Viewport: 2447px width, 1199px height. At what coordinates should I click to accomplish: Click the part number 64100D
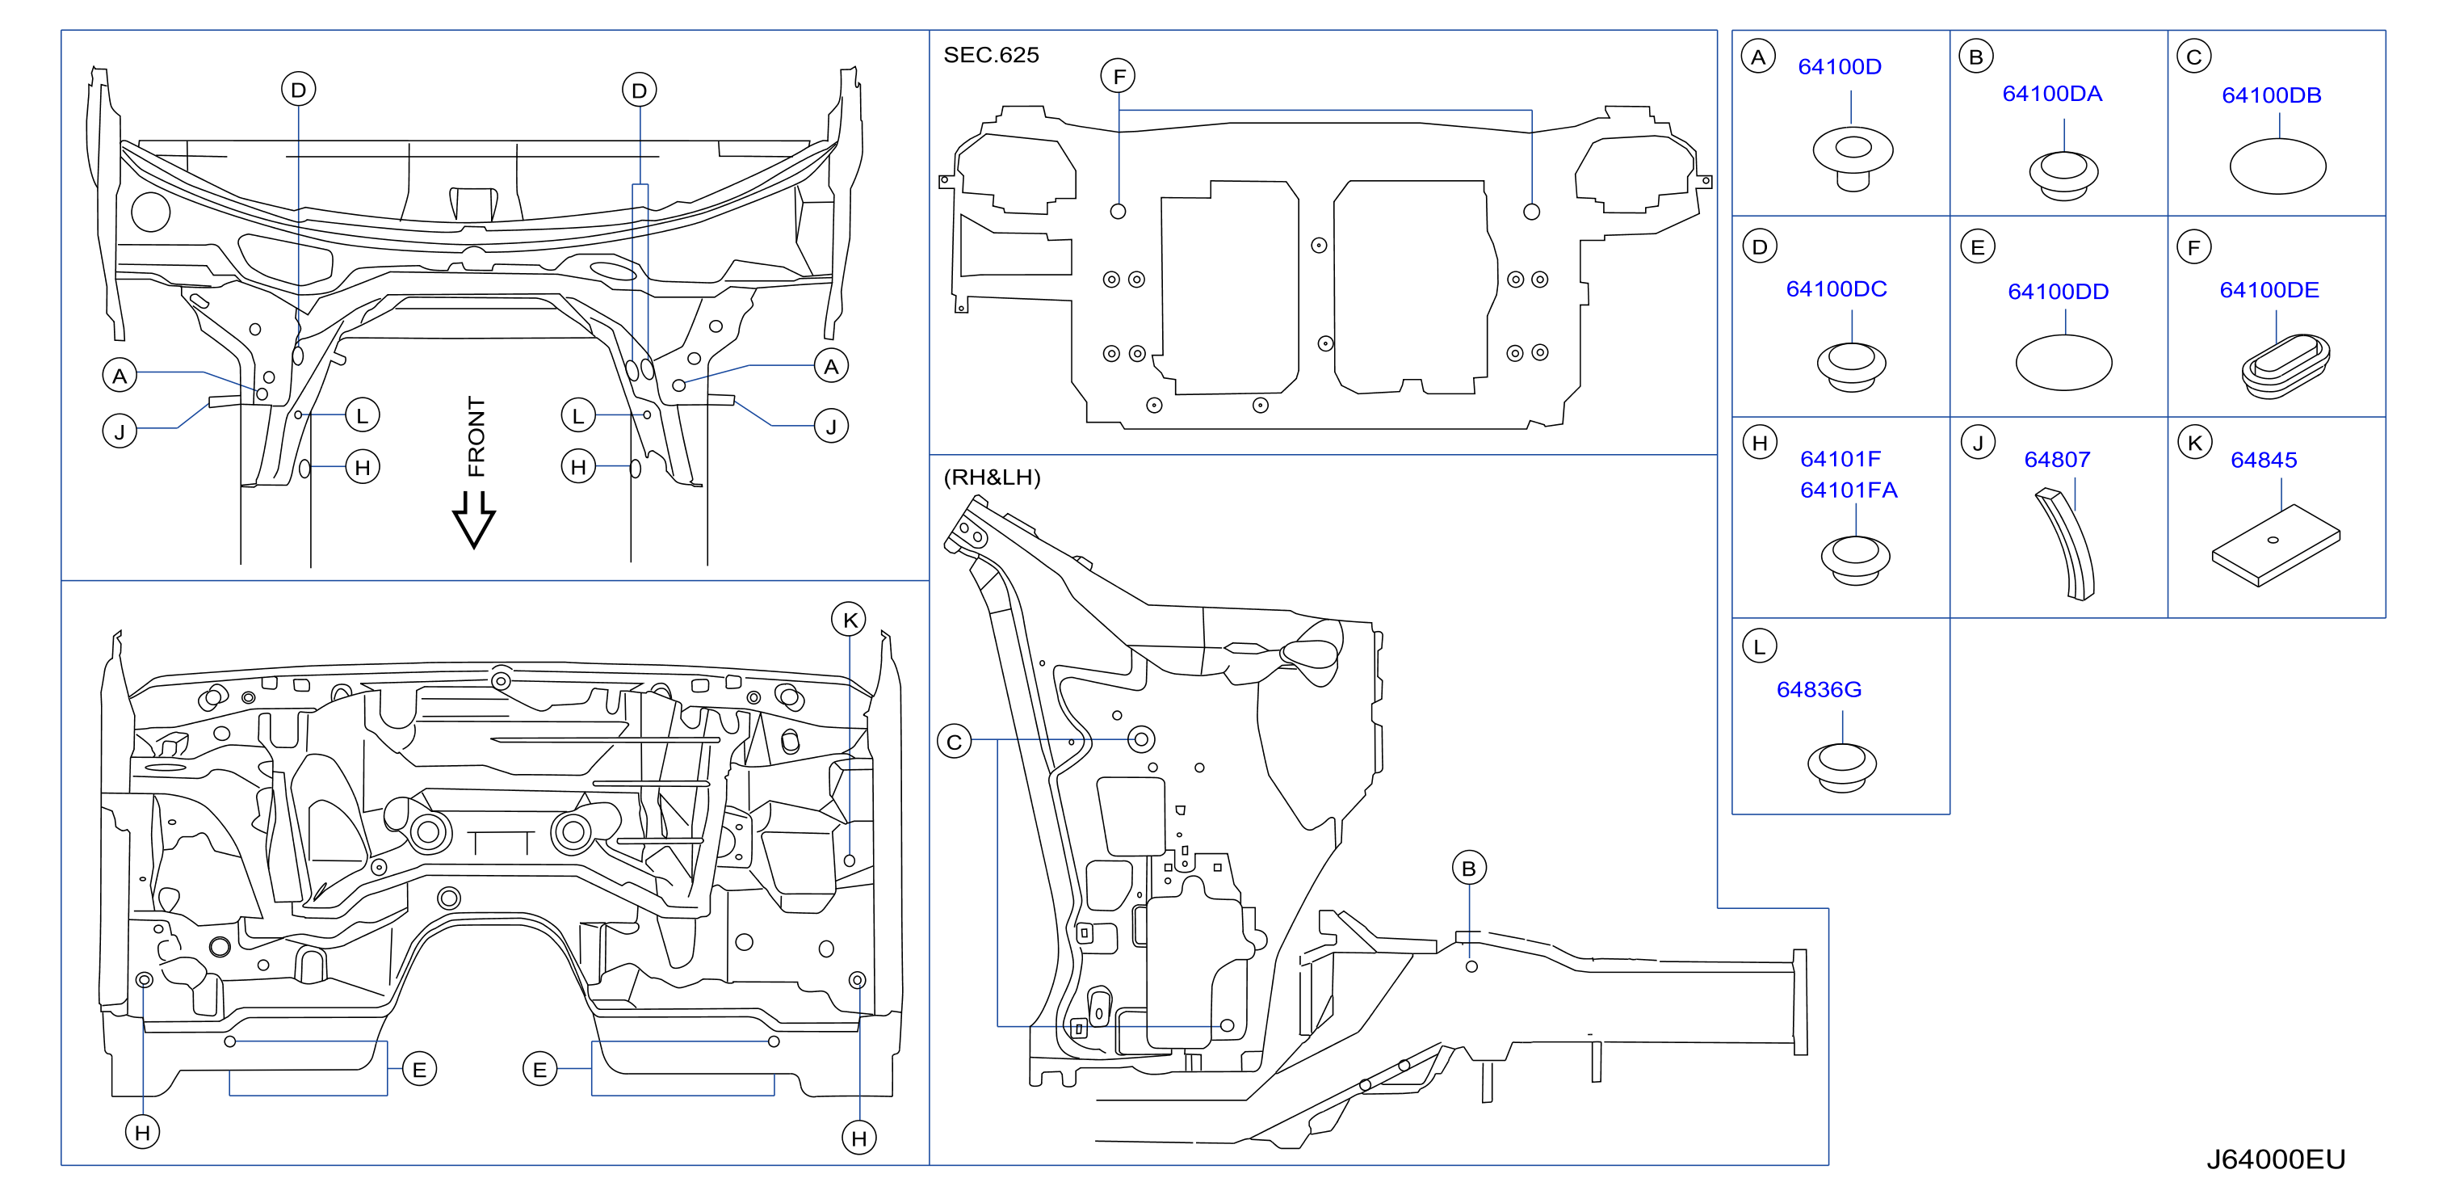click(1839, 66)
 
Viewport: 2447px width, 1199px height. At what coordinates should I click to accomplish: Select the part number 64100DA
click(2052, 93)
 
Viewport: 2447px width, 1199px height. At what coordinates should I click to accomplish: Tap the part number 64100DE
click(2269, 290)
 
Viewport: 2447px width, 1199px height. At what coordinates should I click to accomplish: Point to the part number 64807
click(2057, 460)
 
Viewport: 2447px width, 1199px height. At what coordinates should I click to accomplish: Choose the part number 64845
click(2264, 460)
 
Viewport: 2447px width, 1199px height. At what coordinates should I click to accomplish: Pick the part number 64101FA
click(1849, 490)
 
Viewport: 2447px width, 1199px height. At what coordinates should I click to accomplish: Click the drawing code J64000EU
click(2275, 1159)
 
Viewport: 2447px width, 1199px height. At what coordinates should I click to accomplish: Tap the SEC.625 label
click(991, 55)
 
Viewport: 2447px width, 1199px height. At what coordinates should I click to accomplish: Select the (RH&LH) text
click(992, 477)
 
